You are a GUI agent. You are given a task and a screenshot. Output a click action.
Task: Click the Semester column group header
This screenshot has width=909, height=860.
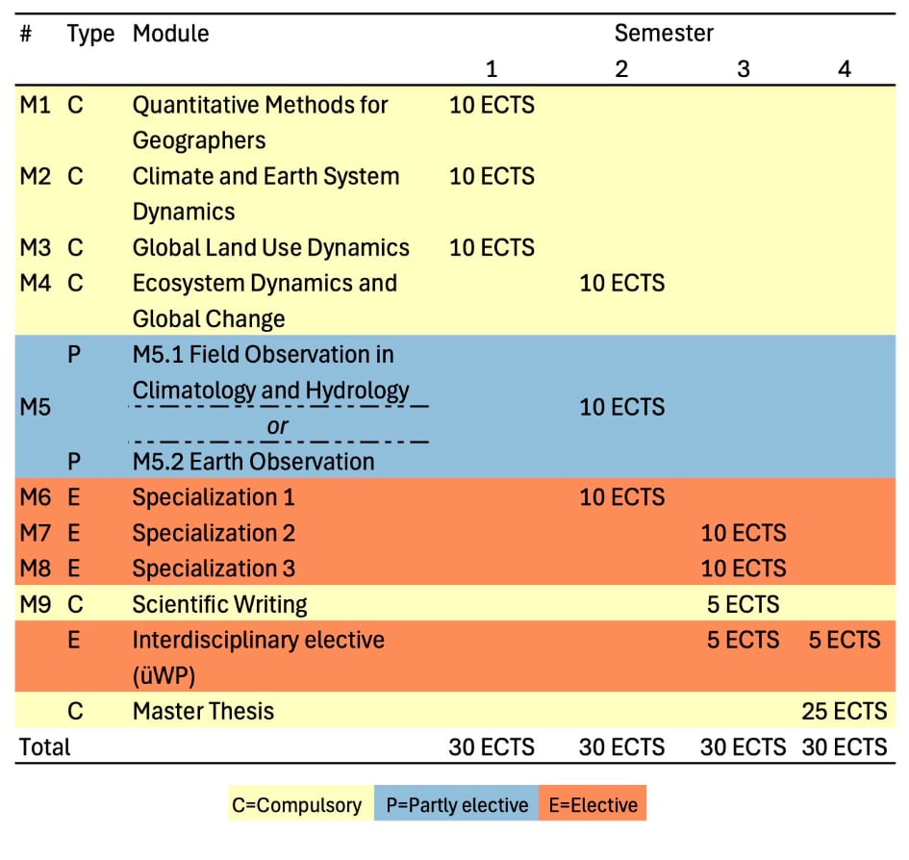point(664,34)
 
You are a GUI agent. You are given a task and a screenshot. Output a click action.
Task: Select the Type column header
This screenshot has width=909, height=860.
point(90,34)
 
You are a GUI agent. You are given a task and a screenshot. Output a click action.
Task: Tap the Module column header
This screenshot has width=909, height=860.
point(170,34)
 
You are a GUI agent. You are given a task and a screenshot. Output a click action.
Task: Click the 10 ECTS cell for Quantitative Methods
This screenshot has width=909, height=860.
point(492,105)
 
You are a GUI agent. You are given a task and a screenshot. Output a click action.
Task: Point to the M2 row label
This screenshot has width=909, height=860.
point(35,176)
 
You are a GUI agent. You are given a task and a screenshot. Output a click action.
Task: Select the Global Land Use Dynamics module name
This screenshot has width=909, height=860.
point(270,247)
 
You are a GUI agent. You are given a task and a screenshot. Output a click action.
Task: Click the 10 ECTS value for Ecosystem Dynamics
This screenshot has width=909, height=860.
point(621,283)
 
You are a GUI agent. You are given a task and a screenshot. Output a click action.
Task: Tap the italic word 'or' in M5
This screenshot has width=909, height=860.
point(278,425)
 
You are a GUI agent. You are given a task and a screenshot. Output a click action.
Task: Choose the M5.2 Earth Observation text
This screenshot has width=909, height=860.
point(253,461)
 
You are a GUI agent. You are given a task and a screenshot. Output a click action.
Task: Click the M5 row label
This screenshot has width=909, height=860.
point(35,407)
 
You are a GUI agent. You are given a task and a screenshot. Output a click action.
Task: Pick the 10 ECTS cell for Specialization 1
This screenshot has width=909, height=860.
point(621,496)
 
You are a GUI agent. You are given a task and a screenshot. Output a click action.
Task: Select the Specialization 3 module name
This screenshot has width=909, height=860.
point(214,568)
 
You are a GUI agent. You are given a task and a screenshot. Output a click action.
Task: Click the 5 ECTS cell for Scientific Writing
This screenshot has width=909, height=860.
point(743,604)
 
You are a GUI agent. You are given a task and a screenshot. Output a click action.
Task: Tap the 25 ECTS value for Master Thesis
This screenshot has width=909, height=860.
point(844,711)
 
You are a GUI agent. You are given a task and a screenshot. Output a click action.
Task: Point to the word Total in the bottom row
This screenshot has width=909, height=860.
point(45,746)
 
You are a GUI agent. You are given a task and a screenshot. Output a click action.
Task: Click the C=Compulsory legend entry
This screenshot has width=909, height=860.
point(297,804)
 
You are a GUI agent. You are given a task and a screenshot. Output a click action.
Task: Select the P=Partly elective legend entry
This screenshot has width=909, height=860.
point(457,804)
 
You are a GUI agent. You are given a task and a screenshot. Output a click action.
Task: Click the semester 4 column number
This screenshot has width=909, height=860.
point(845,69)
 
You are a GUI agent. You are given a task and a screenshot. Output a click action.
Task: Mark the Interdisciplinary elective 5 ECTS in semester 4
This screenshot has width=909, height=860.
point(844,640)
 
